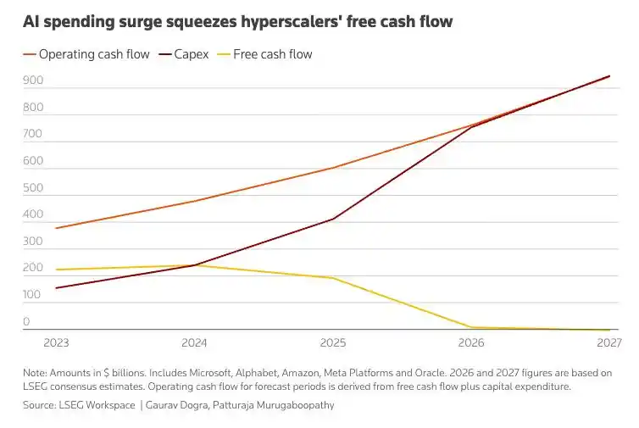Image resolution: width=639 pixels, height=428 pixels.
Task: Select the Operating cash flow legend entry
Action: (x=86, y=54)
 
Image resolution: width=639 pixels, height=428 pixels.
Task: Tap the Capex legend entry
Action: (x=184, y=54)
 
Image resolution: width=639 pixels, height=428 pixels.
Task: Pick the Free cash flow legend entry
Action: (x=265, y=54)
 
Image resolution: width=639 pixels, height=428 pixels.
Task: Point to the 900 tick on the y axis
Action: (x=33, y=81)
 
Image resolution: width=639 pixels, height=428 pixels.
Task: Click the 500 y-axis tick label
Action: (x=33, y=188)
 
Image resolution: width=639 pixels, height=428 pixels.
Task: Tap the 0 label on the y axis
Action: (x=26, y=321)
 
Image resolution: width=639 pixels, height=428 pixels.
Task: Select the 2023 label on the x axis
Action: (x=56, y=342)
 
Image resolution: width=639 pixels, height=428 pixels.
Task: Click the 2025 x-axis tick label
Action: (x=333, y=342)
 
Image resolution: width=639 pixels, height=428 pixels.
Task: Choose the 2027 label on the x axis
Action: (x=609, y=342)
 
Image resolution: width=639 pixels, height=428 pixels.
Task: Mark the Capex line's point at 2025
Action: (x=333, y=220)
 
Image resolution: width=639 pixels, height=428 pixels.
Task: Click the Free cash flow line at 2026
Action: (x=471, y=327)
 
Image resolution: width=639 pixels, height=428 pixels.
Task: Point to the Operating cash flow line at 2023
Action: (x=56, y=228)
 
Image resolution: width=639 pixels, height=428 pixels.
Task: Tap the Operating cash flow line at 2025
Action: (x=333, y=168)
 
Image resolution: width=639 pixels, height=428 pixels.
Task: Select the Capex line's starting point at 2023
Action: (x=56, y=288)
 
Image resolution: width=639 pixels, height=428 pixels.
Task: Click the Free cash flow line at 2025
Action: (x=333, y=278)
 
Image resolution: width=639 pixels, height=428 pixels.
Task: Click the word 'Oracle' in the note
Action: (x=430, y=373)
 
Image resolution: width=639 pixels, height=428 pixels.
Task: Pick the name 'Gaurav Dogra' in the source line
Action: (x=176, y=405)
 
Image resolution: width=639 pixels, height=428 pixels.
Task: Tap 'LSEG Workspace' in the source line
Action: (x=97, y=405)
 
